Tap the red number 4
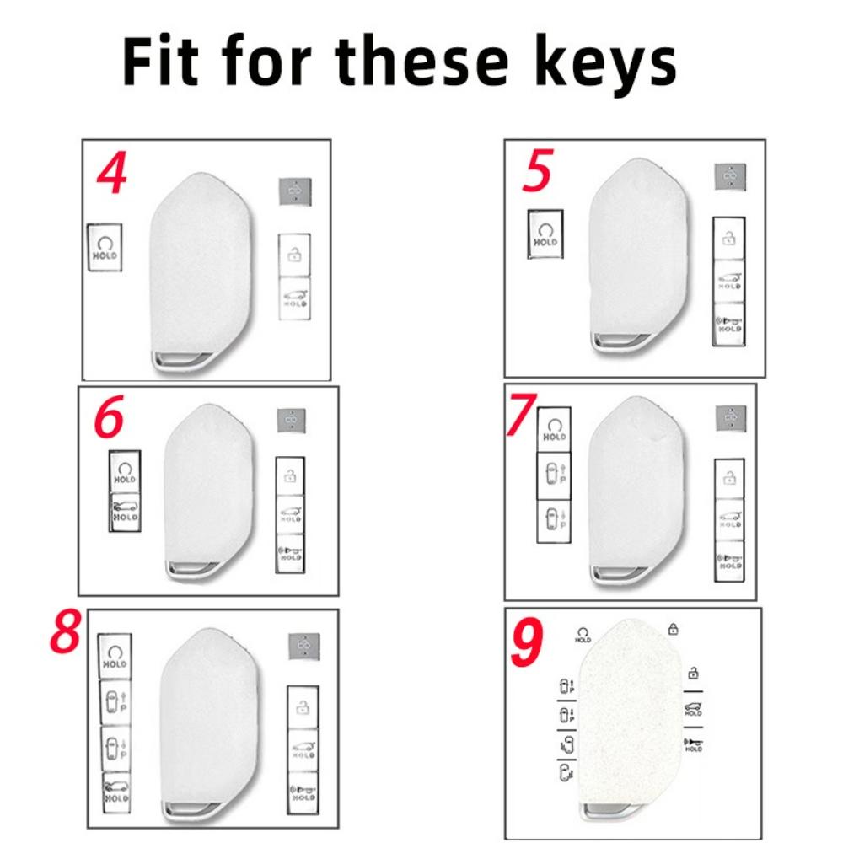pyautogui.click(x=111, y=174)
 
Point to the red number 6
pyautogui.click(x=109, y=419)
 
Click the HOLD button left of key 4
pyautogui.click(x=106, y=247)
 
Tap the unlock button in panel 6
pyautogui.click(x=291, y=475)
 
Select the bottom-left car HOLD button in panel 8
pyautogui.click(x=115, y=792)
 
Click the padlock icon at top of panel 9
pyautogui.click(x=673, y=628)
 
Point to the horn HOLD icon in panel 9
pyautogui.click(x=693, y=744)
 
